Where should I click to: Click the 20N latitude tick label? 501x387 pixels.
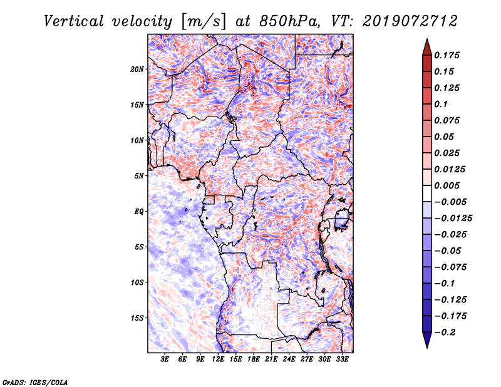point(137,69)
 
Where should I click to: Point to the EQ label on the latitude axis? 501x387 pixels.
point(139,212)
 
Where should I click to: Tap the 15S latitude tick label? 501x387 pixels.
point(137,318)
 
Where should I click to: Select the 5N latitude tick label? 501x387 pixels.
point(139,176)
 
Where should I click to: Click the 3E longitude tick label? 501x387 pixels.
point(165,360)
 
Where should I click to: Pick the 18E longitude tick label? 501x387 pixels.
point(254,360)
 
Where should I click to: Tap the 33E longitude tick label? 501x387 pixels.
point(342,360)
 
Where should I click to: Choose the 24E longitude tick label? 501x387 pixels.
point(289,360)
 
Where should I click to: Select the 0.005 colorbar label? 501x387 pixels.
point(448,185)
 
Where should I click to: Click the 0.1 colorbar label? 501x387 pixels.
point(442,104)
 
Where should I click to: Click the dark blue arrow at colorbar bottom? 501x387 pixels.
point(426,340)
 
